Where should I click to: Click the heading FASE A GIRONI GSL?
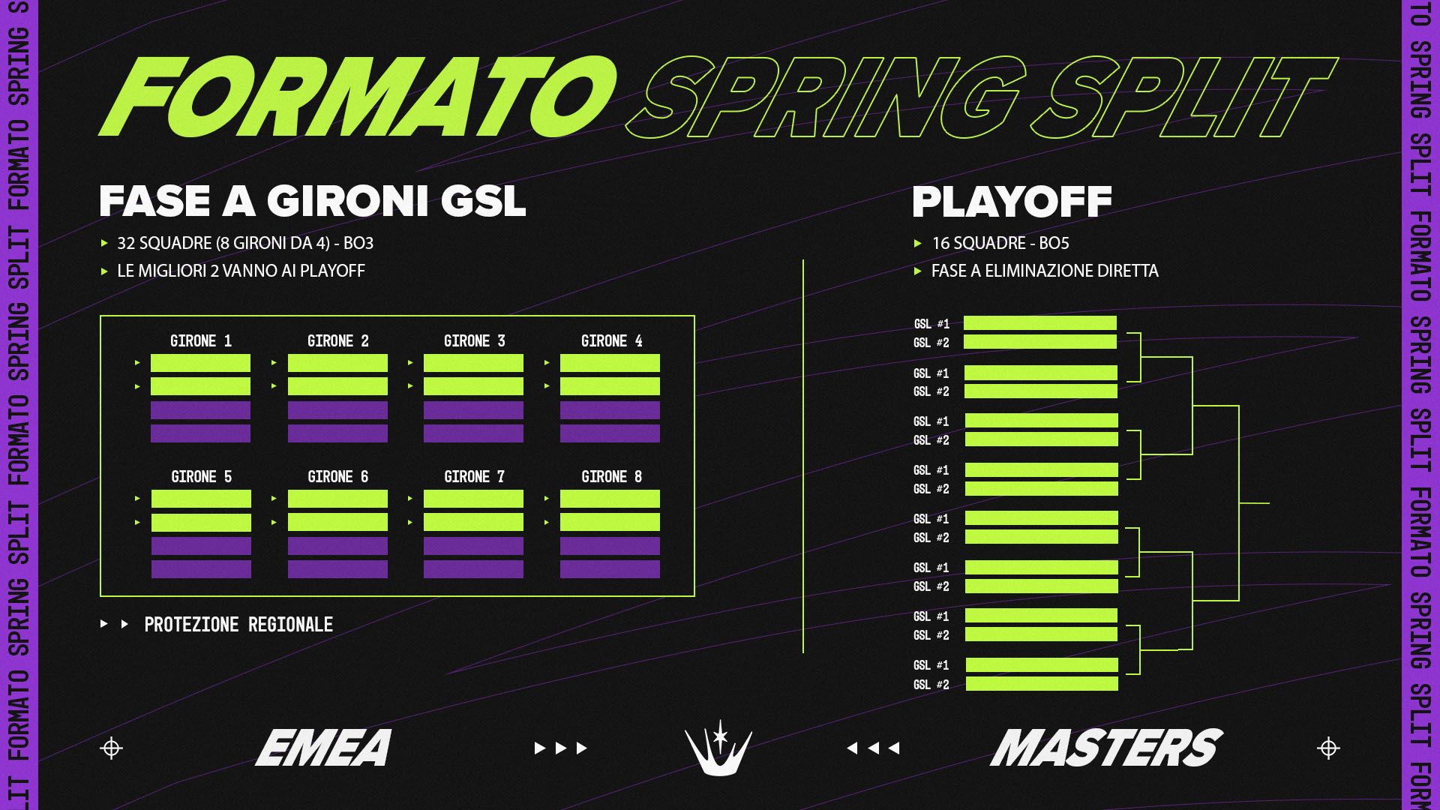click(313, 201)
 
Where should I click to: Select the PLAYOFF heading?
click(1012, 201)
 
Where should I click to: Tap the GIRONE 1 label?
click(201, 341)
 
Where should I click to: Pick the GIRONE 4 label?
click(611, 341)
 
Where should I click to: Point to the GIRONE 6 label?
click(337, 477)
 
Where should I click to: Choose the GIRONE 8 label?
click(611, 477)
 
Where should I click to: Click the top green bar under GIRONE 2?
click(337, 363)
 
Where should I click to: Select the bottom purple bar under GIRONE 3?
click(473, 433)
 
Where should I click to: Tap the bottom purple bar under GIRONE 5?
click(201, 569)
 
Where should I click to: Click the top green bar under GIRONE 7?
click(473, 499)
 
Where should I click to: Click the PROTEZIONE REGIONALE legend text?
click(238, 625)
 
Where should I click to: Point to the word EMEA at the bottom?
click(323, 748)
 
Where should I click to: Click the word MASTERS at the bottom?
click(1106, 748)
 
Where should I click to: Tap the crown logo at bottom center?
click(718, 748)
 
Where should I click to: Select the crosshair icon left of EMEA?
click(111, 748)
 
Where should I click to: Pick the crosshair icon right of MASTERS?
click(1328, 748)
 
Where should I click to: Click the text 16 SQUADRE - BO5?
click(1000, 243)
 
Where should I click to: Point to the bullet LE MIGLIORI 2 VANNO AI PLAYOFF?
click(241, 271)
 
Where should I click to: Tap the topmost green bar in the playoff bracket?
click(1039, 323)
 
